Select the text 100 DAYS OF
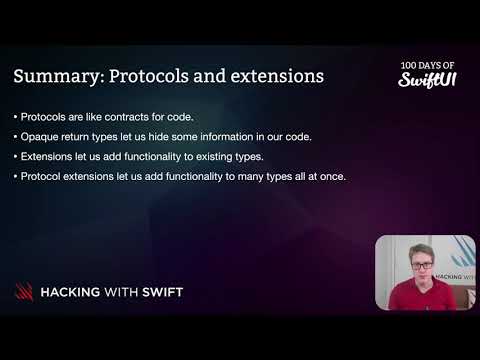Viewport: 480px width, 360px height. (428, 62)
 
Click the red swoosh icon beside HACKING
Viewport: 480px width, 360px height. (23, 292)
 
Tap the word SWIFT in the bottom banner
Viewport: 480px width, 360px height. (158, 292)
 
